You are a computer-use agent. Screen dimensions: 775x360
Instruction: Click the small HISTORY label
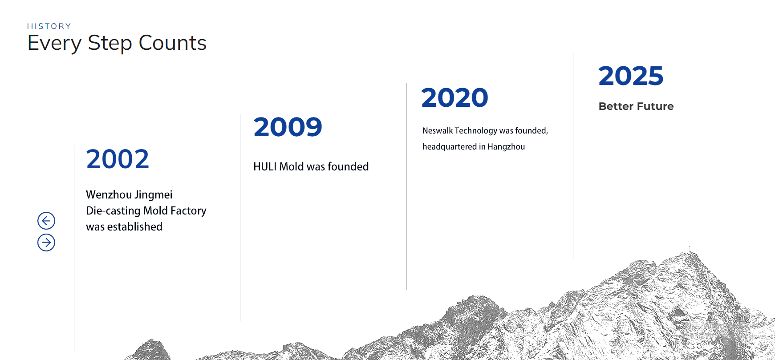point(49,26)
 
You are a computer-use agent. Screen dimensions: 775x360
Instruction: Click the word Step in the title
point(110,44)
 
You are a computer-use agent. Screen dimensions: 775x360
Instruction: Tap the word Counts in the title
point(173,43)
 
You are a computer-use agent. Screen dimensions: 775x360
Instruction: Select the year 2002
point(118,159)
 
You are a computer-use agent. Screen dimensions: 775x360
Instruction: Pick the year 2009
point(288,127)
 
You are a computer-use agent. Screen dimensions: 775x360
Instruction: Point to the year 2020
point(454,98)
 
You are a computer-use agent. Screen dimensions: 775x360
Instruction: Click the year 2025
point(631,76)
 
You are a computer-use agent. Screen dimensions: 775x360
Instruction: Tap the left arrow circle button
point(46,221)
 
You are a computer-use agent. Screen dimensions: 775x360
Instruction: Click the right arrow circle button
point(46,243)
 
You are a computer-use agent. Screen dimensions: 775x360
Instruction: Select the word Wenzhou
point(109,194)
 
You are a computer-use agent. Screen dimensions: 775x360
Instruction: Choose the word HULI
point(265,166)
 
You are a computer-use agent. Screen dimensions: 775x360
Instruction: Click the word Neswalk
point(438,130)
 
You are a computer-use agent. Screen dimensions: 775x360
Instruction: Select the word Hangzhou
point(506,147)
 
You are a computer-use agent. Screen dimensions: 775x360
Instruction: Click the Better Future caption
point(636,106)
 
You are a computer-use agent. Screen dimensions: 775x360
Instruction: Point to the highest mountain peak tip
point(690,248)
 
